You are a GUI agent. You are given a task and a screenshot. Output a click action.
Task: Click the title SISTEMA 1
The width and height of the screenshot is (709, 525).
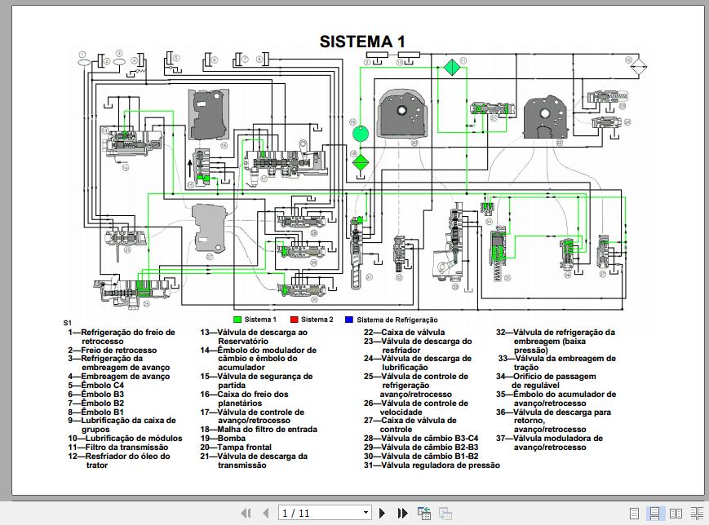(x=362, y=42)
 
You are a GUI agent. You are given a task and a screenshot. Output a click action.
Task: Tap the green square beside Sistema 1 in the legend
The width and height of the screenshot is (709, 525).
(x=237, y=320)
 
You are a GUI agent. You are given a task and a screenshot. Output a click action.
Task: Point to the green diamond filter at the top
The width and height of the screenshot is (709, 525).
(x=450, y=68)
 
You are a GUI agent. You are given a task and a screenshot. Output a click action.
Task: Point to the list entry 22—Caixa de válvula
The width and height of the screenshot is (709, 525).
(x=404, y=332)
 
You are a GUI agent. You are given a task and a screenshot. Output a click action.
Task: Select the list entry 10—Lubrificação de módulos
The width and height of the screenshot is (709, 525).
(x=125, y=439)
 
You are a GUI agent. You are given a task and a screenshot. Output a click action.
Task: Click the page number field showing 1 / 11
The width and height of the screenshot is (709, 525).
(x=324, y=513)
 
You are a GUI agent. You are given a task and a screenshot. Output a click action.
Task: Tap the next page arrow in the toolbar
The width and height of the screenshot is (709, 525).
(x=382, y=513)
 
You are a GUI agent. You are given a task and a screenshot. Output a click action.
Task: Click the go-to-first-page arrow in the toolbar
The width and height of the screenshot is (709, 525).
(x=246, y=513)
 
